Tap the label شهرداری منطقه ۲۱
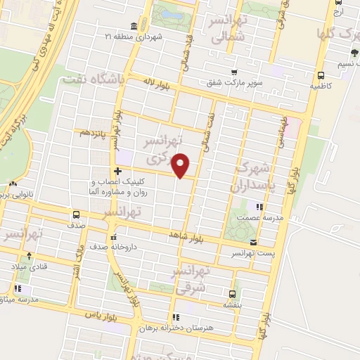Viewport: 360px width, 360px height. tap(160, 36)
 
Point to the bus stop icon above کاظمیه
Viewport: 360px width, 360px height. tap(321, 75)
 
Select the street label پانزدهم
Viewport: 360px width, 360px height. tap(92, 132)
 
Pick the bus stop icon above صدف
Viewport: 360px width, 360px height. tap(76, 215)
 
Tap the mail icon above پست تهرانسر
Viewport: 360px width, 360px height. tap(252, 243)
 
